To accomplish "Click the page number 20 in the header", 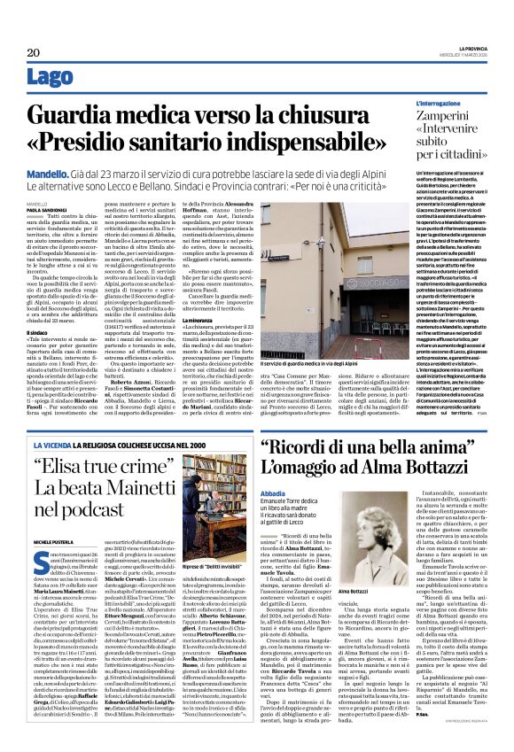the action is tap(20, 53).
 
